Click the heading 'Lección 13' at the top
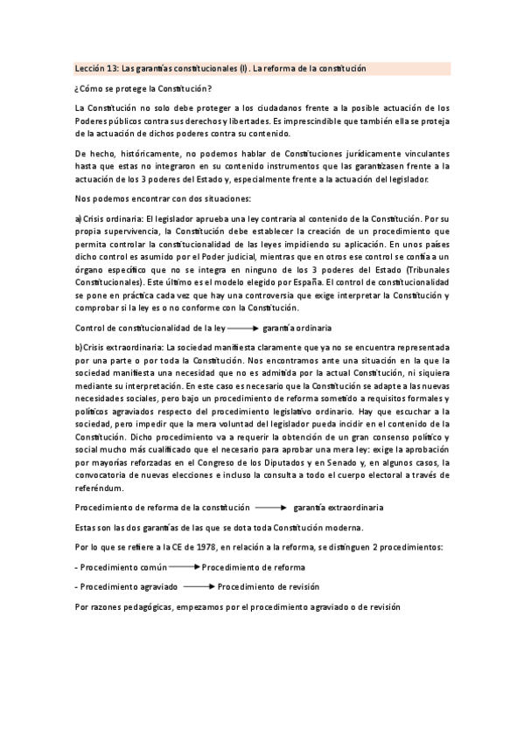coord(95,68)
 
